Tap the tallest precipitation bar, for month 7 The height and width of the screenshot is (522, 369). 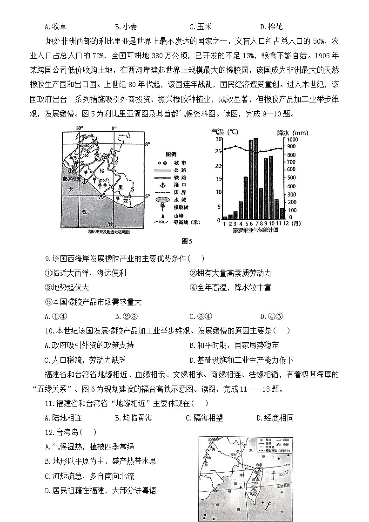(x=255, y=179)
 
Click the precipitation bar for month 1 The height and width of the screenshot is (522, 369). (x=225, y=217)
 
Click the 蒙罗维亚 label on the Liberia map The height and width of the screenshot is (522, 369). (x=72, y=178)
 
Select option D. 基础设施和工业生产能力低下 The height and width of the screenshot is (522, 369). (x=242, y=360)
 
